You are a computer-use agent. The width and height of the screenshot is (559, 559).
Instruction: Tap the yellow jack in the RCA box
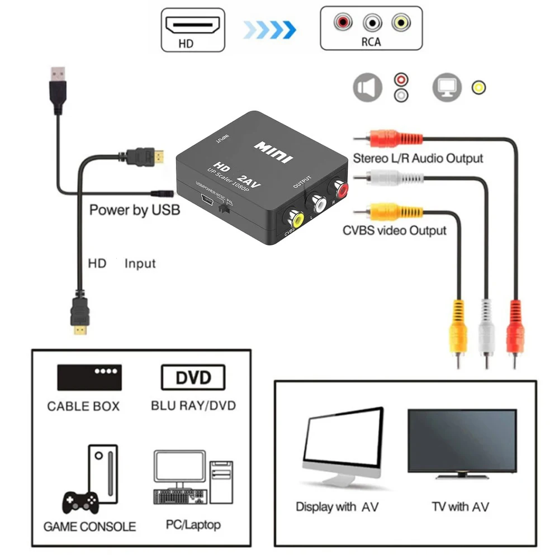tap(400, 22)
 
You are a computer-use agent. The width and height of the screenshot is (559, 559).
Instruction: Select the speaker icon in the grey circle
tap(367, 88)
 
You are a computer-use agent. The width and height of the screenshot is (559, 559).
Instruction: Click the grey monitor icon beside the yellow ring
tap(447, 88)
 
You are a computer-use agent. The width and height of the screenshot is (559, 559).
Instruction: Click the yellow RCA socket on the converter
tap(295, 218)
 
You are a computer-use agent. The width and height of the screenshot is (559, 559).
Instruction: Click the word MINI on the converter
tap(274, 151)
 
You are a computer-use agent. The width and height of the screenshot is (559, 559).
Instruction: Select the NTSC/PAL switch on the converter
tap(225, 210)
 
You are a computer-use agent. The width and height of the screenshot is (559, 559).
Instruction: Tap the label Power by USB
tap(135, 211)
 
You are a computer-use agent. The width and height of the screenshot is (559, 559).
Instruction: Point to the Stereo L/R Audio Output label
tap(418, 158)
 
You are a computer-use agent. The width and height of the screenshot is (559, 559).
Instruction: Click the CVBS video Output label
tap(395, 230)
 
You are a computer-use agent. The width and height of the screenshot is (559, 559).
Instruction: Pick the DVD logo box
tap(193, 377)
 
